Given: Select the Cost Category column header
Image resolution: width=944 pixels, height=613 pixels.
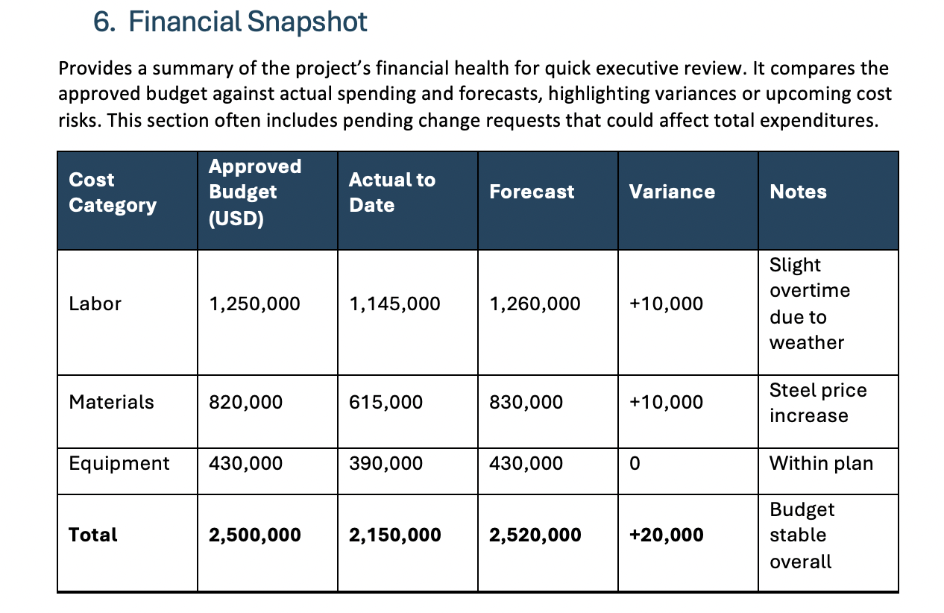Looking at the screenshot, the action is [113, 192].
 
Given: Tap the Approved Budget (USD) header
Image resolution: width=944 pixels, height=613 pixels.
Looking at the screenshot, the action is [255, 192].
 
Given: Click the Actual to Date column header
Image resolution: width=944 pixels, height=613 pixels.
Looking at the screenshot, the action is [392, 192].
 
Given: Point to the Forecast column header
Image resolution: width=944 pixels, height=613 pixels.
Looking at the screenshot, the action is [532, 192].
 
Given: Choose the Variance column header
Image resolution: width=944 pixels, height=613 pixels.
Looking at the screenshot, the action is [672, 192].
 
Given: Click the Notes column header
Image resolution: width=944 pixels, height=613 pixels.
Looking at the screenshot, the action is [798, 192].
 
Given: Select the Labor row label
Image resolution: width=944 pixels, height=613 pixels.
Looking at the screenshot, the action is [95, 304].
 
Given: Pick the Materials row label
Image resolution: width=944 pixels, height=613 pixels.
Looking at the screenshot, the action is [111, 402].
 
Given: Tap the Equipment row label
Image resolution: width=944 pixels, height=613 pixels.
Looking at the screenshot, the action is [119, 464].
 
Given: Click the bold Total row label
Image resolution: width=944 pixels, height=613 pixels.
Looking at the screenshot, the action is [92, 535].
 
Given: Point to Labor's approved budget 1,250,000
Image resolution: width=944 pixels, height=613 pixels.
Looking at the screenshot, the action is [254, 304].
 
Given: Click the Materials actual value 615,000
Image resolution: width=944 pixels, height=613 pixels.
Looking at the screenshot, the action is [386, 402].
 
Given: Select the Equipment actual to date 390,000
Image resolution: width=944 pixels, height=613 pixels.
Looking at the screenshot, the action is [386, 464].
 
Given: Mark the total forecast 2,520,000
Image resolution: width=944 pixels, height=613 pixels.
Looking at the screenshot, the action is [535, 535].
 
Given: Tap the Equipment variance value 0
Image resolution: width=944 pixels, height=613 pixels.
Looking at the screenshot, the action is [635, 464].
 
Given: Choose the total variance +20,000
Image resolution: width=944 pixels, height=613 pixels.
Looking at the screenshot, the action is [667, 535].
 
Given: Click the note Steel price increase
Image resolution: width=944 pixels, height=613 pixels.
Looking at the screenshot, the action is [818, 403].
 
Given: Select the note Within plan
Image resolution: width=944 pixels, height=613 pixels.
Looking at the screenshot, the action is [821, 464].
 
